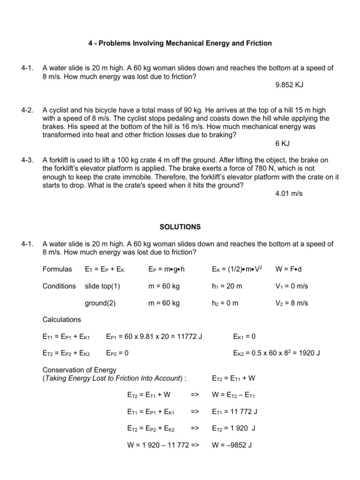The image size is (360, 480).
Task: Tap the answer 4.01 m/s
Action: pyautogui.click(x=289, y=194)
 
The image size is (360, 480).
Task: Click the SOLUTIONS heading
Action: pyautogui.click(x=180, y=227)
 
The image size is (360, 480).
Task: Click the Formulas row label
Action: pyautogui.click(x=57, y=269)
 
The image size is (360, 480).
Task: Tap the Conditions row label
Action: pyautogui.click(x=59, y=286)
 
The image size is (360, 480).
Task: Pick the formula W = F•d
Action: pyautogui.click(x=289, y=269)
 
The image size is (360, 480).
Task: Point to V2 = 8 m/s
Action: pyautogui.click(x=292, y=303)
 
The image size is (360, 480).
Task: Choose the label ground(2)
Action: pyautogui.click(x=100, y=303)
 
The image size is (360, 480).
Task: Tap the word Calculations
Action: pyautogui.click(x=61, y=320)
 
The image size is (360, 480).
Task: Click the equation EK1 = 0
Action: pyautogui.click(x=244, y=337)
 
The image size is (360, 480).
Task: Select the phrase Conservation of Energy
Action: pyautogui.click(x=79, y=370)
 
